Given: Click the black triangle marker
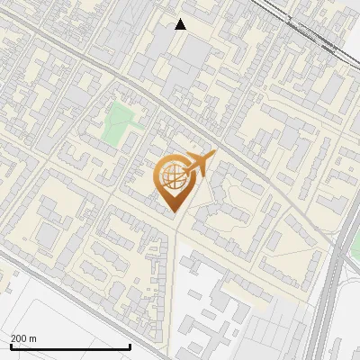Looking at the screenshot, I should coord(181,24).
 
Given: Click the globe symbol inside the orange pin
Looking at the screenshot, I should coord(173,177).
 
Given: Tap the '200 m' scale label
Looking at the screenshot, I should coord(23,337).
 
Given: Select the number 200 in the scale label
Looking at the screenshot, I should coord(18,337).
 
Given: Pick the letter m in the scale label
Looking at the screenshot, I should coord(33,337).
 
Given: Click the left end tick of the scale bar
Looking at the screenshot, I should coord(10,345).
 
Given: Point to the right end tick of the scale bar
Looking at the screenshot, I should coord(130,345).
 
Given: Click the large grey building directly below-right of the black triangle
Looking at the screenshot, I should coord(200,54).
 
